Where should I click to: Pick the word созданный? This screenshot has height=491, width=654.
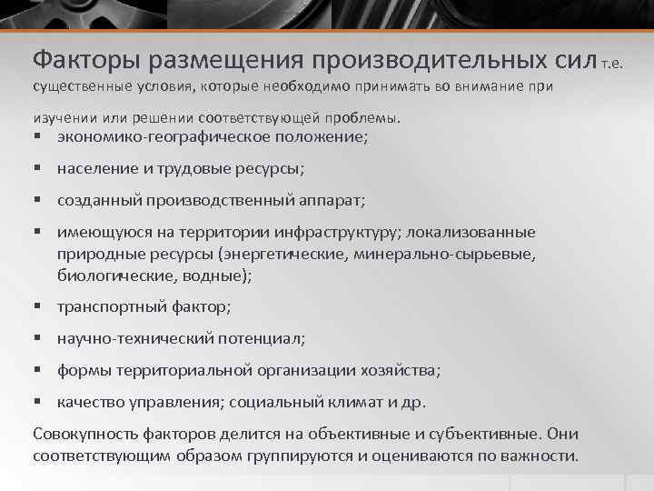tap(98, 200)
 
